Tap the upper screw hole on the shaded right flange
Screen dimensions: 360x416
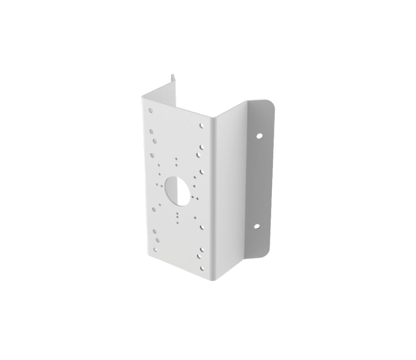tap(260, 136)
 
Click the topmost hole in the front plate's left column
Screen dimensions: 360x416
tap(151, 110)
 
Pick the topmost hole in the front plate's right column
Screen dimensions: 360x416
tap(202, 126)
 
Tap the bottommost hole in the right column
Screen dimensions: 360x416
tap(202, 268)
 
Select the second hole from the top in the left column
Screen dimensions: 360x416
tap(152, 131)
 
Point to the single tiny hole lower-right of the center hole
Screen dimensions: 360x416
tap(195, 217)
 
